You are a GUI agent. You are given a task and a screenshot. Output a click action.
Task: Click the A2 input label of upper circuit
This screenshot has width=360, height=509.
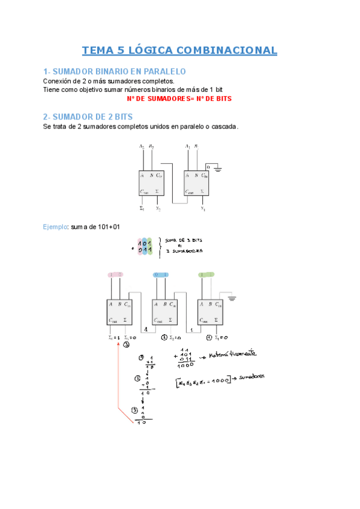(142, 147)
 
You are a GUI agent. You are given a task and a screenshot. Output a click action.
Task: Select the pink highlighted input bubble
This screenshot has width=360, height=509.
(115, 275)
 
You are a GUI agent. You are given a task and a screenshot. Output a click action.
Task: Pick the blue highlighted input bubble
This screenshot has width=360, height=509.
(161, 275)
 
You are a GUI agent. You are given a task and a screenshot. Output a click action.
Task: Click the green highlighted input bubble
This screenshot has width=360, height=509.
(206, 275)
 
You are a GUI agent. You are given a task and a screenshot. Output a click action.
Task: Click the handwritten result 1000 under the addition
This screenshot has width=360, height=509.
(185, 364)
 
